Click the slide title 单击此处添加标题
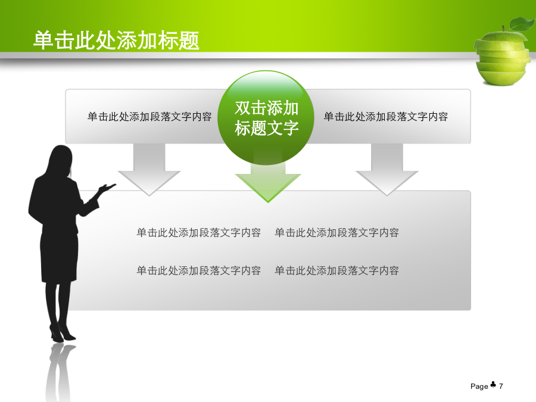[116, 40]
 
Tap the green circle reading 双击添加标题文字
[266, 118]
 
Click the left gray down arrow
[149, 170]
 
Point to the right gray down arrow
[387, 170]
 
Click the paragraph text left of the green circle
[149, 117]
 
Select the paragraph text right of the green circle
[385, 117]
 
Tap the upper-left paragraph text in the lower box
[198, 232]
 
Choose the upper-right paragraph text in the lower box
[336, 232]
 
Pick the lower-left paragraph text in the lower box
[198, 270]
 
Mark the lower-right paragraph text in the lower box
[336, 270]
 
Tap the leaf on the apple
[521, 24]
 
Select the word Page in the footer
[479, 387]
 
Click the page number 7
[501, 387]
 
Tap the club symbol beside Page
[493, 385]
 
